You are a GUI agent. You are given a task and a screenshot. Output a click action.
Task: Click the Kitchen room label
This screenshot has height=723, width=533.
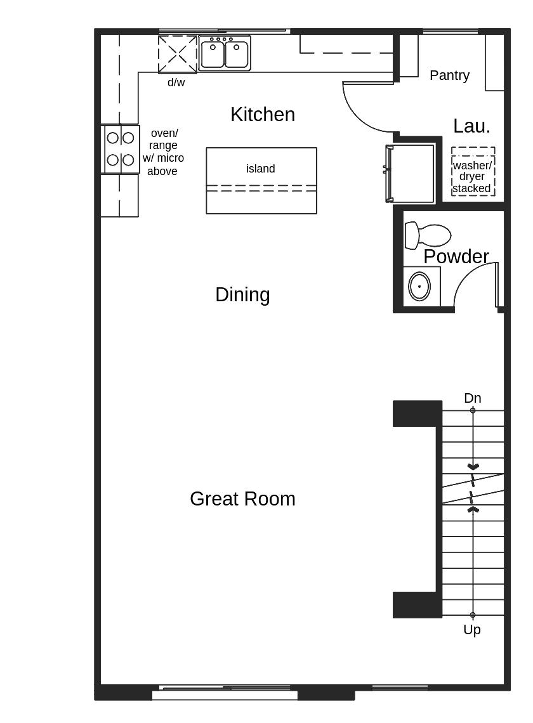[263, 115]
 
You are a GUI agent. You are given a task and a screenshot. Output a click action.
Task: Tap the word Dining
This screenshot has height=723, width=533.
[242, 295]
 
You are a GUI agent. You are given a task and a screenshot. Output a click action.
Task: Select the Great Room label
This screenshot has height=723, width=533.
[242, 499]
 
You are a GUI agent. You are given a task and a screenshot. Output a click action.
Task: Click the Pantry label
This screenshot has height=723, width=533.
[449, 75]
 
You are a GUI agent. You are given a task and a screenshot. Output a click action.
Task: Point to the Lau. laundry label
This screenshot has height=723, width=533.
[471, 126]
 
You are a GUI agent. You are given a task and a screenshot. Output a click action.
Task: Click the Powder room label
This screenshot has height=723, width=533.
[456, 257]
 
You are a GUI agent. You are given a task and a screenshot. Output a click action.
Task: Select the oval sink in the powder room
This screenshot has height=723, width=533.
[419, 287]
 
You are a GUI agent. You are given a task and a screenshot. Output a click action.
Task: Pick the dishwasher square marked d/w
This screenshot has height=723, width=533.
[177, 55]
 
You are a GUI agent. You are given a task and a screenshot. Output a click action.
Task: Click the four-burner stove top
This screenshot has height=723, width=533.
[121, 149]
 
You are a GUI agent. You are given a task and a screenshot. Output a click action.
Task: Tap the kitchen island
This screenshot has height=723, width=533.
[261, 181]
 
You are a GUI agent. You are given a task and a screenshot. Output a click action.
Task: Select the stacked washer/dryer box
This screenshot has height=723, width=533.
[473, 172]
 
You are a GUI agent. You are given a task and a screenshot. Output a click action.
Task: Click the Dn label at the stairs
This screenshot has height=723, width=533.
[473, 398]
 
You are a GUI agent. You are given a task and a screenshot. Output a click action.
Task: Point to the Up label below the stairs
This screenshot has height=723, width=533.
[472, 630]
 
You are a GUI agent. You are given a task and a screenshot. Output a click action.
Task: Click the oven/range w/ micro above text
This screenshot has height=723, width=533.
[163, 152]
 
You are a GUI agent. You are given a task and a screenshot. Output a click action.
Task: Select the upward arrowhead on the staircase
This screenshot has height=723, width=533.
[473, 509]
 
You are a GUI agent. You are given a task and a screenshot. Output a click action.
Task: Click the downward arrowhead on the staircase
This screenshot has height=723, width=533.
[473, 467]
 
